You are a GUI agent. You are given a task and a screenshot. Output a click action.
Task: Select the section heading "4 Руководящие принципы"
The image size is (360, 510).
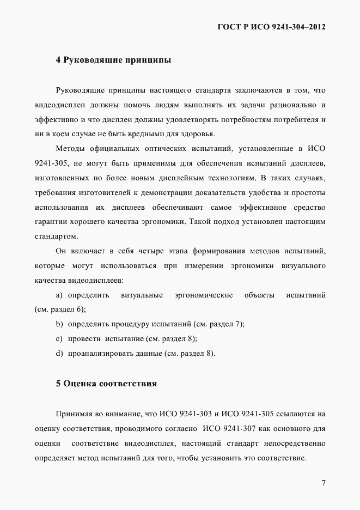[x=113, y=60]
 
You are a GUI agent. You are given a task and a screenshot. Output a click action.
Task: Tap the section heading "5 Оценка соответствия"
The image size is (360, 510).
[x=106, y=384]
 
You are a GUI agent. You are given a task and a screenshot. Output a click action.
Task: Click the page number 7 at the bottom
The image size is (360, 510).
[x=323, y=482]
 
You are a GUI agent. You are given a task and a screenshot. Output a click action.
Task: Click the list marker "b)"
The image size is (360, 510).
[x=59, y=324]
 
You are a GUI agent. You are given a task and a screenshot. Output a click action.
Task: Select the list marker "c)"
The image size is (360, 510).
[x=59, y=339]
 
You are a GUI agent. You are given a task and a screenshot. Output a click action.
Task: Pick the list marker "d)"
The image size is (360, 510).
[x=59, y=354]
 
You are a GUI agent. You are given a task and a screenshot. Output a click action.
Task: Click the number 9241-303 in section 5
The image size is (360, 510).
[x=197, y=414]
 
